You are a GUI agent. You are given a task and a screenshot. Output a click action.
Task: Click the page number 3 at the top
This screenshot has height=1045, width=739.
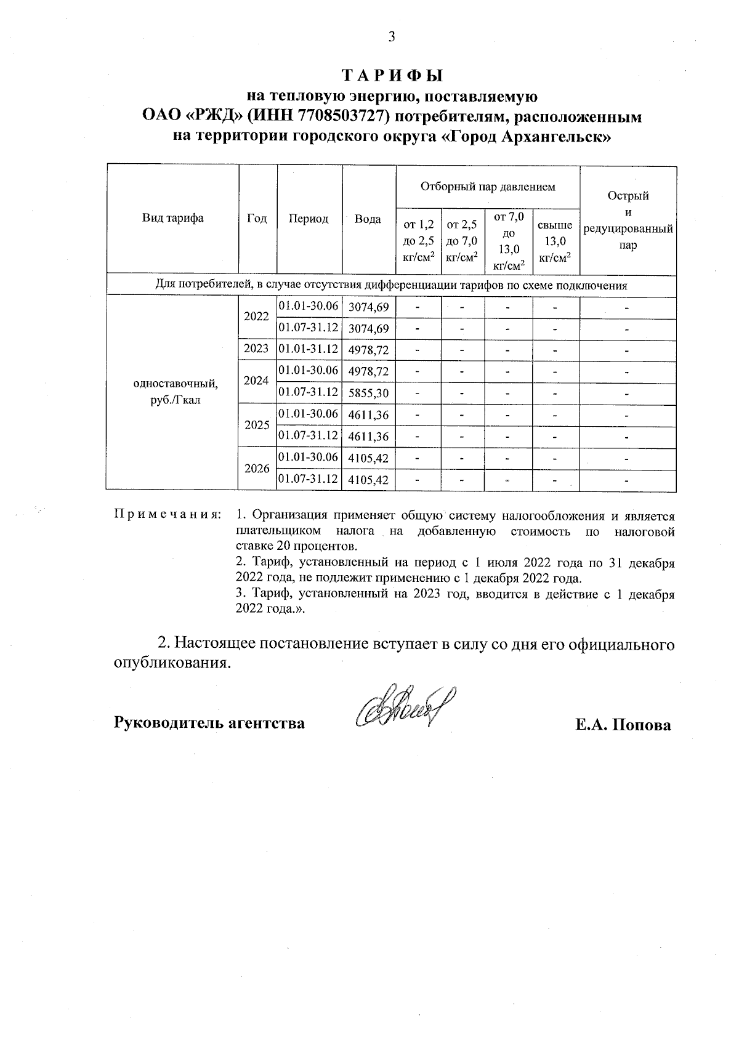pos(391,37)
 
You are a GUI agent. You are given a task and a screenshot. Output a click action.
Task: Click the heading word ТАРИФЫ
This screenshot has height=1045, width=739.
pos(392,76)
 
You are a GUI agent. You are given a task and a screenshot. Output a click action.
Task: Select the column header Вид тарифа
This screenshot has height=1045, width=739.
pos(173,218)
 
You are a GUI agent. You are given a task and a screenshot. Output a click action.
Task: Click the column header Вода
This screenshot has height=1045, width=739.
pos(368,219)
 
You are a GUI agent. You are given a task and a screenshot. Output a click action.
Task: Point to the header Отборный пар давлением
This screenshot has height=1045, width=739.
pos(488,186)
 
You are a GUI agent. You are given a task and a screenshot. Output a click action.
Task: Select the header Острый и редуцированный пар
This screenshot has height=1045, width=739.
pos(628,220)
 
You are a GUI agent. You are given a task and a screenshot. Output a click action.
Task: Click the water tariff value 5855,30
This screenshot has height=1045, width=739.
pos(368,393)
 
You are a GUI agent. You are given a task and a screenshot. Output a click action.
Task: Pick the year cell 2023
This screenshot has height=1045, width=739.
pos(256,349)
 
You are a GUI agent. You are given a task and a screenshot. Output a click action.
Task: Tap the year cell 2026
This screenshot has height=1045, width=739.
pos(257,468)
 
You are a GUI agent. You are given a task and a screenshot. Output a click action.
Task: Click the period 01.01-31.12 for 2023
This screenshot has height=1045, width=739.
pos(309,349)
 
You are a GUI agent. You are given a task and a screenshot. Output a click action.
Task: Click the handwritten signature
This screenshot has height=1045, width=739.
pos(401,708)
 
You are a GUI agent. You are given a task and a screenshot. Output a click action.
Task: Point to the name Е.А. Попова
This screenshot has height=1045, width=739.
pos(623,725)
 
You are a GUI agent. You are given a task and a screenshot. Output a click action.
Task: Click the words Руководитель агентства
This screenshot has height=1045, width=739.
pos(209,723)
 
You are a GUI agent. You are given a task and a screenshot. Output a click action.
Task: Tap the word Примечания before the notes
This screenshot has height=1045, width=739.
pos(167,515)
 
